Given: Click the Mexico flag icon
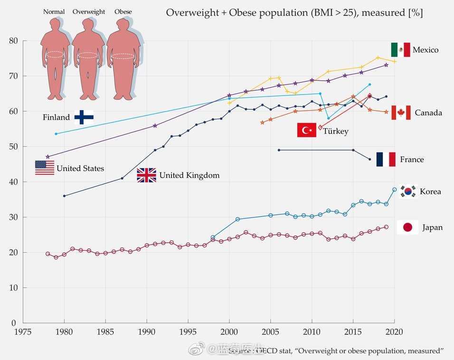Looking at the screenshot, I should pyautogui.click(x=400, y=50).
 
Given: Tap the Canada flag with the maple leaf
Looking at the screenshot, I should pyautogui.click(x=400, y=113).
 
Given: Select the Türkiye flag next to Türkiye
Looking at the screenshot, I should pyautogui.click(x=307, y=130).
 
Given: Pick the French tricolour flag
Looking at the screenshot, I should pyautogui.click(x=386, y=160).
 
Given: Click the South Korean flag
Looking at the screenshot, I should pyautogui.click(x=408, y=191).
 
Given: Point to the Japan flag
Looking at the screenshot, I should pyautogui.click(x=407, y=227).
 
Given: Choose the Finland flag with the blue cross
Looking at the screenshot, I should pyautogui.click(x=84, y=117).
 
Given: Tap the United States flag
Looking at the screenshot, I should pyautogui.click(x=45, y=168).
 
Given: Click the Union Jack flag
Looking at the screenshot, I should pyautogui.click(x=146, y=175).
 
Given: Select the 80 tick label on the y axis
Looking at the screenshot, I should pyautogui.click(x=13, y=41).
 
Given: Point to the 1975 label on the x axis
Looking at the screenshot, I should pyautogui.click(x=23, y=332).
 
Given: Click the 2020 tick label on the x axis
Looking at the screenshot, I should pyautogui.click(x=394, y=332).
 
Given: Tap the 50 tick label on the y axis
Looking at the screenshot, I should pyautogui.click(x=13, y=147).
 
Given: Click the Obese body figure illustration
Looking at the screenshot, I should pyautogui.click(x=123, y=59).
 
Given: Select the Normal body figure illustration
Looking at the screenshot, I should pyautogui.click(x=55, y=59).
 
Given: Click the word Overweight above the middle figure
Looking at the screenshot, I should pyautogui.click(x=89, y=12).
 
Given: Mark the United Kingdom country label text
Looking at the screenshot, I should pyautogui.click(x=189, y=176).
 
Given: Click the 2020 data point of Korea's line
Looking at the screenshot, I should pyautogui.click(x=394, y=189).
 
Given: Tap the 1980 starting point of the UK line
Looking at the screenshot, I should pyautogui.click(x=64, y=196).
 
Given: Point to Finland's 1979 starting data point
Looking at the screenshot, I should pyautogui.click(x=56, y=134).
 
